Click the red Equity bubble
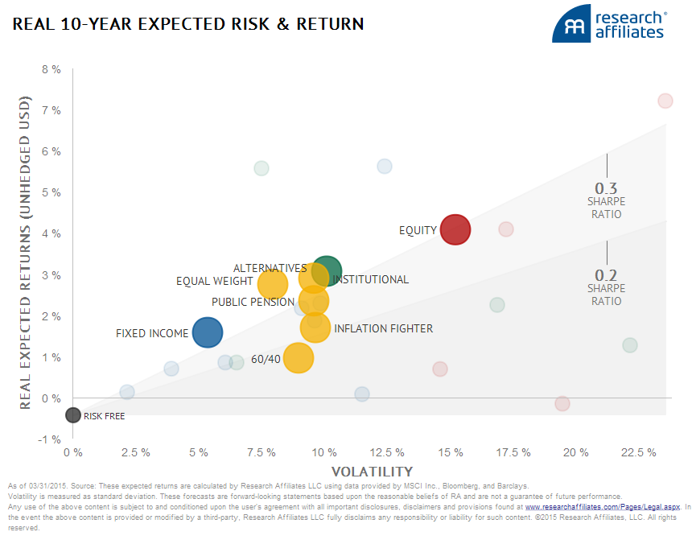pyautogui.click(x=455, y=229)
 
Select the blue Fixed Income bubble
pyautogui.click(x=208, y=332)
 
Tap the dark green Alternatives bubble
pyautogui.click(x=327, y=272)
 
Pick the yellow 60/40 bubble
pyautogui.click(x=299, y=358)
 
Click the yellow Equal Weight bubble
pyautogui.click(x=273, y=283)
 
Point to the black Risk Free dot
pyautogui.click(x=73, y=415)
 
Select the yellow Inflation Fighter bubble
pyautogui.click(x=315, y=327)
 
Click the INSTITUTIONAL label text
pyautogui.click(x=371, y=280)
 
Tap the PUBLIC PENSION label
pyautogui.click(x=253, y=302)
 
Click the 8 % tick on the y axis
pyautogui.click(x=51, y=69)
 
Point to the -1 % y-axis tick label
pyautogui.click(x=51, y=440)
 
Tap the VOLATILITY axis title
pyautogui.click(x=372, y=472)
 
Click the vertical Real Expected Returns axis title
pyautogui.click(x=25, y=253)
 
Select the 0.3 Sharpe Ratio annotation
pyautogui.click(x=606, y=200)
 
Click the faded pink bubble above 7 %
pyautogui.click(x=665, y=101)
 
